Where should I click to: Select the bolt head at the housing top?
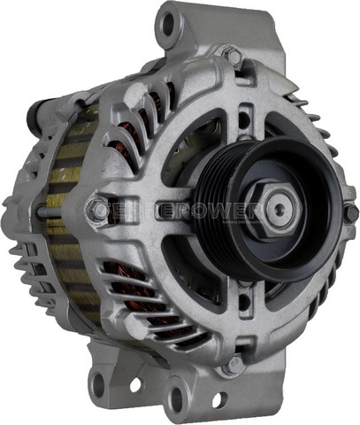pos(234,56)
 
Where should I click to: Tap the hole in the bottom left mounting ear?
pos(99,383)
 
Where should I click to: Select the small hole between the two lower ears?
pos(135,386)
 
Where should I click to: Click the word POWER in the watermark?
pos(226,211)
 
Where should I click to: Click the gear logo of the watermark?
pos(95,211)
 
